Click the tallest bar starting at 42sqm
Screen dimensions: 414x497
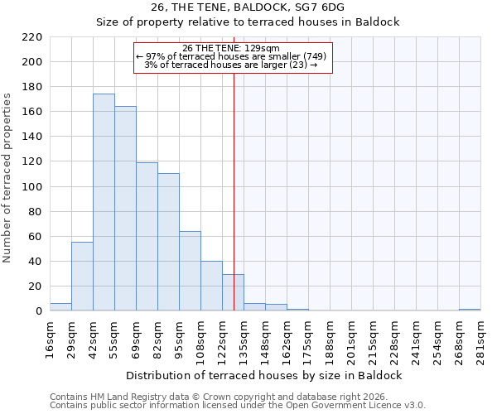pyautogui.click(x=104, y=203)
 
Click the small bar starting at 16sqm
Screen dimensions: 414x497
pyautogui.click(x=60, y=307)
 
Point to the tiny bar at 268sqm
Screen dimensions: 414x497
pyautogui.click(x=470, y=310)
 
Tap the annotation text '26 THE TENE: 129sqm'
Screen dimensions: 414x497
pyautogui.click(x=232, y=48)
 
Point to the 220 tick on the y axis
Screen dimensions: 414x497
pyautogui.click(x=32, y=37)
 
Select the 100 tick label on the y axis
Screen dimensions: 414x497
pyautogui.click(x=32, y=187)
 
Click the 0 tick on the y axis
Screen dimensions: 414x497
pyautogui.click(x=39, y=311)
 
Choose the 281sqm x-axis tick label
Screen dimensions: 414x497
pyautogui.click(x=480, y=338)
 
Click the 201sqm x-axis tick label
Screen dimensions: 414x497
pyautogui.click(x=351, y=338)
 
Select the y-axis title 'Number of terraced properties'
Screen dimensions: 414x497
pyautogui.click(x=7, y=178)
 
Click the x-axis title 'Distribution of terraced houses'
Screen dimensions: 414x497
pyautogui.click(x=264, y=375)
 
